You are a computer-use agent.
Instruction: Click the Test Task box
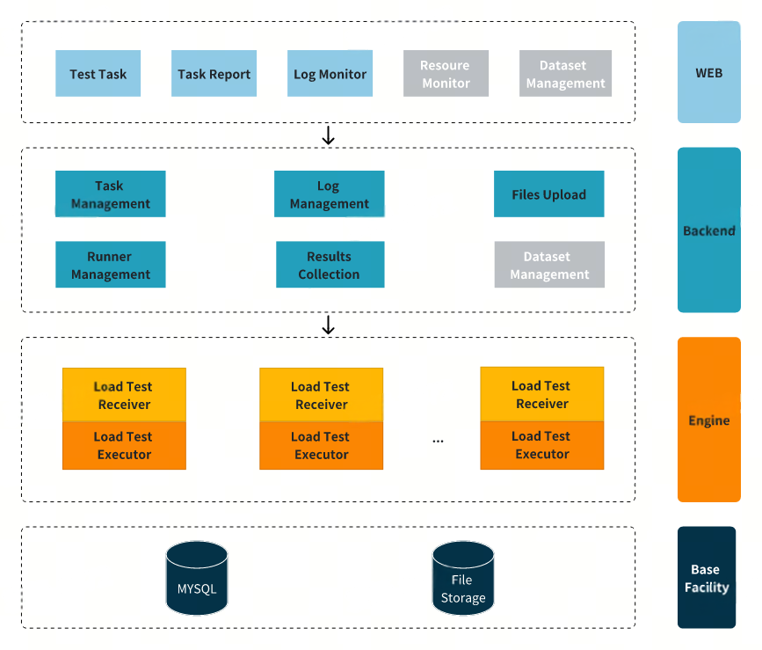pos(98,74)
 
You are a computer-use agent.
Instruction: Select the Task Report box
pos(214,74)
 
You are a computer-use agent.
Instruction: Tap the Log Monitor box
pos(330,74)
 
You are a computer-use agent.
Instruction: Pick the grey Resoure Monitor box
pos(445,74)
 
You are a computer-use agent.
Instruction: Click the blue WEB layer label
pos(708,72)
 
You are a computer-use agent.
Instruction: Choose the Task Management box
pos(110,194)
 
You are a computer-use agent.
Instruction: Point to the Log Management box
pos(329,194)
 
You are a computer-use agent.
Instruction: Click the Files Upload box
pos(548,194)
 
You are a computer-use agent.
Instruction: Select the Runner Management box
pos(110,265)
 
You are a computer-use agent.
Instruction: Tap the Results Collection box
pos(330,265)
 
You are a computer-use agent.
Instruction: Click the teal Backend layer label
pos(708,230)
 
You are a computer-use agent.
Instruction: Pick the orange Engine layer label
pos(708,420)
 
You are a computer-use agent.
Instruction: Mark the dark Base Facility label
pos(706,578)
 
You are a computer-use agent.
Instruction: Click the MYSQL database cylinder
pos(197,578)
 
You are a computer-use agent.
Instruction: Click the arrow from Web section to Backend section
pos(329,135)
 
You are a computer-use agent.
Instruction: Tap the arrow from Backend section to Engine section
pos(329,325)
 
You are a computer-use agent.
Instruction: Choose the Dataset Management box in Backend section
pos(548,265)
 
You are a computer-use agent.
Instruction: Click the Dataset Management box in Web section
pos(565,74)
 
